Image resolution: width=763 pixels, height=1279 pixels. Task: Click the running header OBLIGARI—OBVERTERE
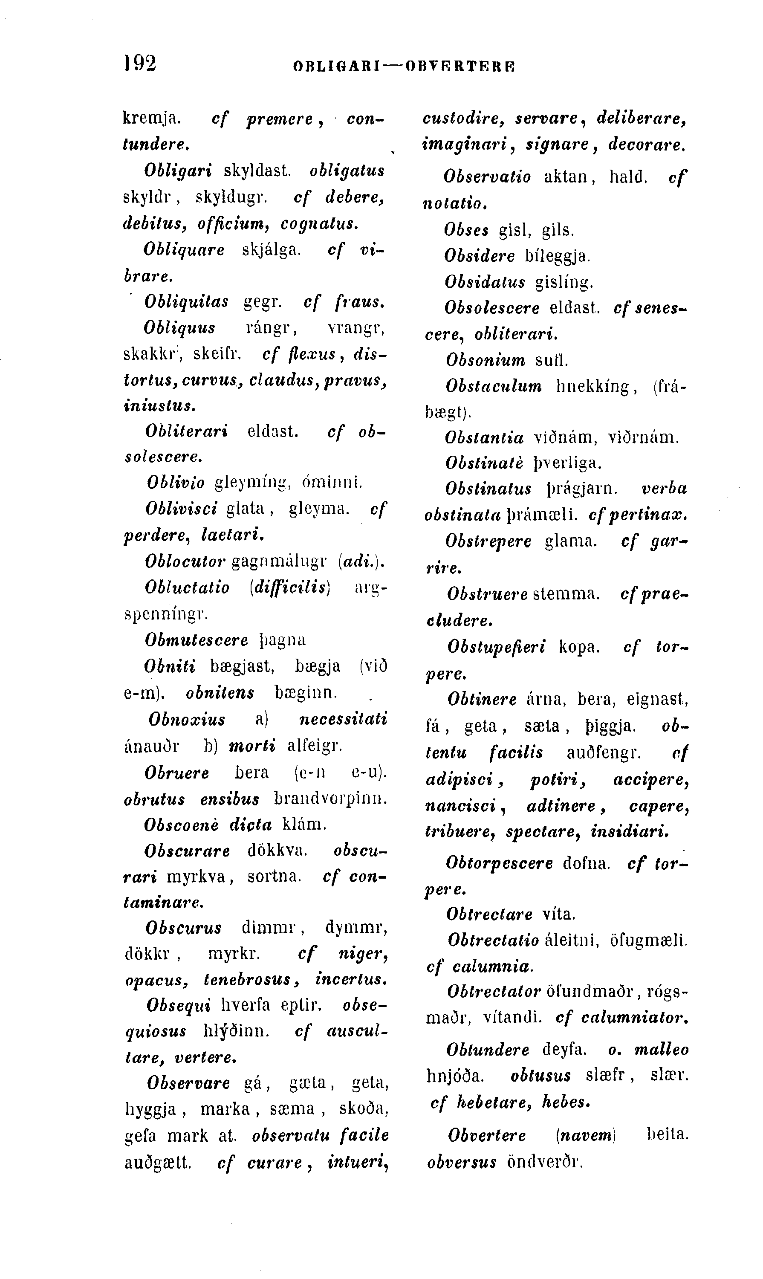pyautogui.click(x=404, y=67)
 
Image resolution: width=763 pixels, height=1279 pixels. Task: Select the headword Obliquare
pyautogui.click(x=184, y=250)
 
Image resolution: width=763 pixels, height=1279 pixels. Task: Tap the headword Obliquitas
pyautogui.click(x=187, y=302)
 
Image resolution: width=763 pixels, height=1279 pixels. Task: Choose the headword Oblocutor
pyautogui.click(x=185, y=561)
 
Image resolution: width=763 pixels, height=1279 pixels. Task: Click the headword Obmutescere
pyautogui.click(x=197, y=640)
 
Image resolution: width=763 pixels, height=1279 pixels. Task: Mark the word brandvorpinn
pyautogui.click(x=330, y=799)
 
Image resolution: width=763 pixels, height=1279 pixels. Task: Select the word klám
pyautogui.click(x=304, y=825)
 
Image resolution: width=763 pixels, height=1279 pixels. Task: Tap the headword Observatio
pyautogui.click(x=487, y=177)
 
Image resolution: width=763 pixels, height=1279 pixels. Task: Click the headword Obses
pyautogui.click(x=466, y=230)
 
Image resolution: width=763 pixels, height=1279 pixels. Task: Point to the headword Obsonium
pyautogui.click(x=486, y=360)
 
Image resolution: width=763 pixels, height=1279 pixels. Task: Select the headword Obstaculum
pyautogui.click(x=494, y=386)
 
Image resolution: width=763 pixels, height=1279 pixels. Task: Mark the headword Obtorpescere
pyautogui.click(x=499, y=862)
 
